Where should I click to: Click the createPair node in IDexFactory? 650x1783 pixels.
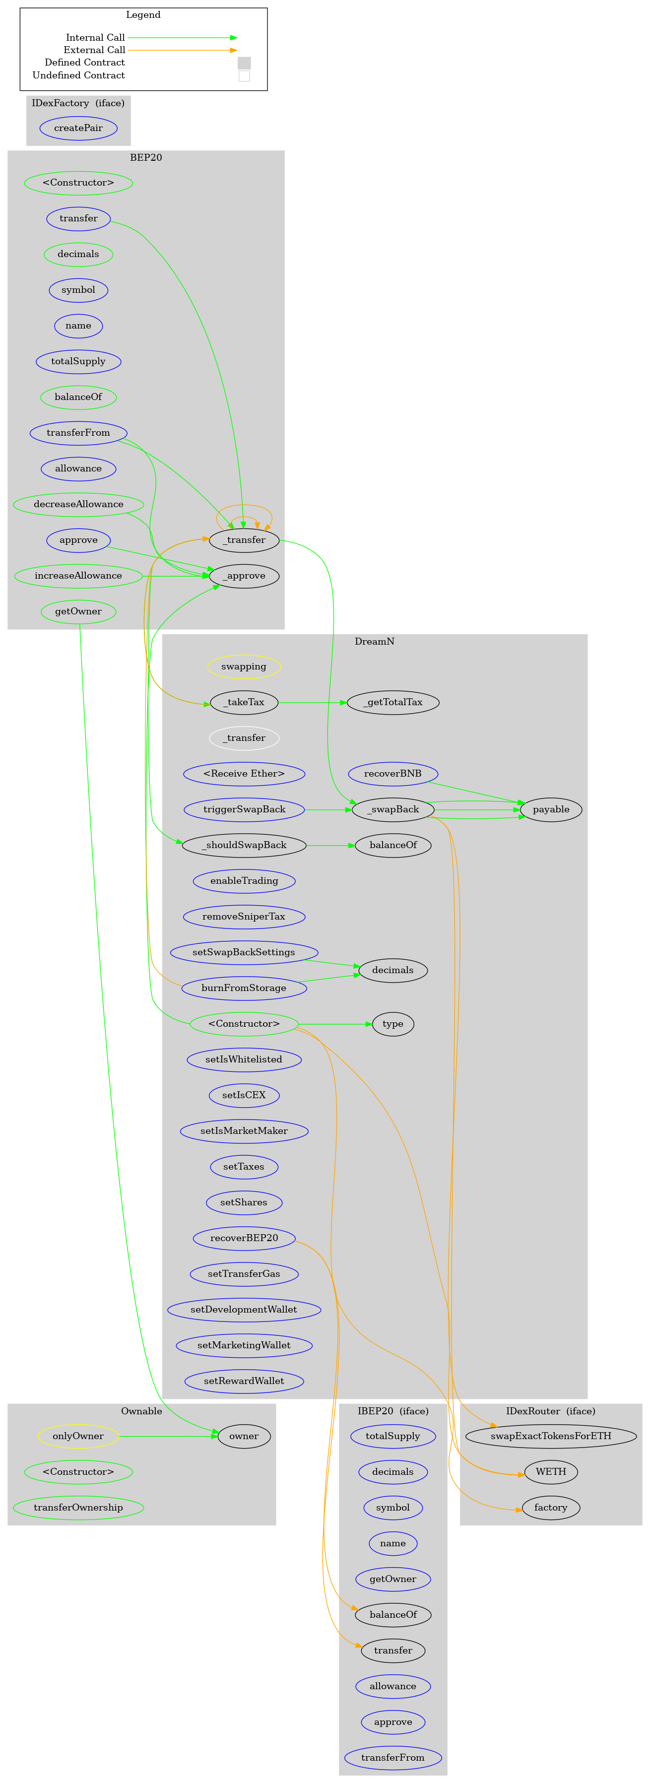coord(78,128)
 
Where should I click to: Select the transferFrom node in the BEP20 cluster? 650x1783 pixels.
coord(78,433)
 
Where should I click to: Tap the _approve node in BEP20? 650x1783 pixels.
coord(244,576)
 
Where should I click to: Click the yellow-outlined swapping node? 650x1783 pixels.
coord(244,666)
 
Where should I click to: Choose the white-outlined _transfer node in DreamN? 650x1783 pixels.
coord(244,738)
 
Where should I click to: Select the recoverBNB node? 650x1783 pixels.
coord(392,773)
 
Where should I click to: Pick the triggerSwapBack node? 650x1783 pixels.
coord(244,809)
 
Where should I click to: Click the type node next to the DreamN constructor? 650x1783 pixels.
coord(392,1024)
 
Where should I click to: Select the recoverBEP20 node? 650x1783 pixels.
coord(244,1238)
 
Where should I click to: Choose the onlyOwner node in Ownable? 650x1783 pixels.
coord(78,1436)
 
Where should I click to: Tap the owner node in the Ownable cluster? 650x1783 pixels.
coord(244,1436)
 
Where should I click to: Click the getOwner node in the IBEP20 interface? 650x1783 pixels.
coord(392,1579)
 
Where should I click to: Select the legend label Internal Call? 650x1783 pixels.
coord(96,37)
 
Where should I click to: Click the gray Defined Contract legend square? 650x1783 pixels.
coord(244,63)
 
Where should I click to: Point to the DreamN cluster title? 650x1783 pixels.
coord(375,642)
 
